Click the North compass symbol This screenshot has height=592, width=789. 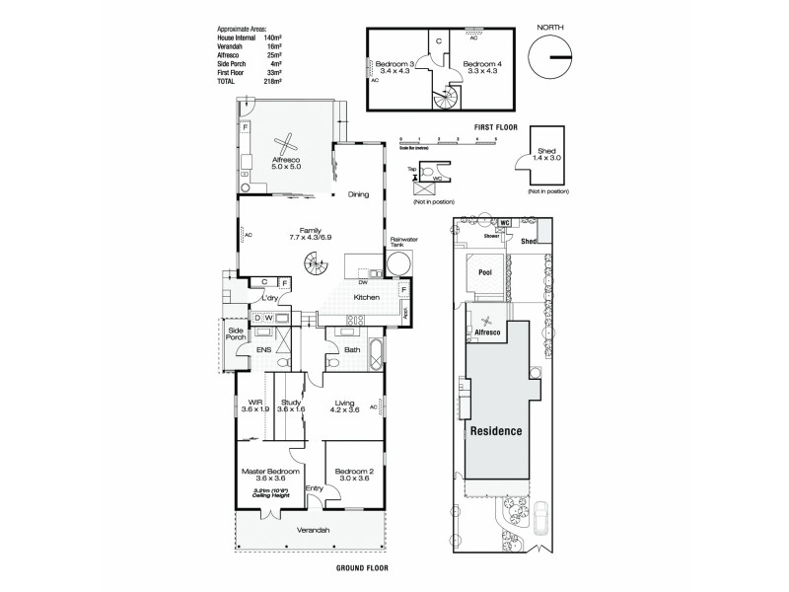(548, 57)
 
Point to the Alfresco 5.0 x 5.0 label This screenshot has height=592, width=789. (285, 164)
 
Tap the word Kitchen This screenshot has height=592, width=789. (367, 297)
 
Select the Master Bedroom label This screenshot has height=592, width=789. (269, 476)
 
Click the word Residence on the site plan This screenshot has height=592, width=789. (495, 432)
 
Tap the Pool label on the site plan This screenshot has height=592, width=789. (485, 272)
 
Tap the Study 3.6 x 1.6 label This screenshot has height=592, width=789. (290, 406)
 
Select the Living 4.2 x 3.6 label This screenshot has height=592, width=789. (344, 406)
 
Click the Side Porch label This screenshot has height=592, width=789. (236, 333)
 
